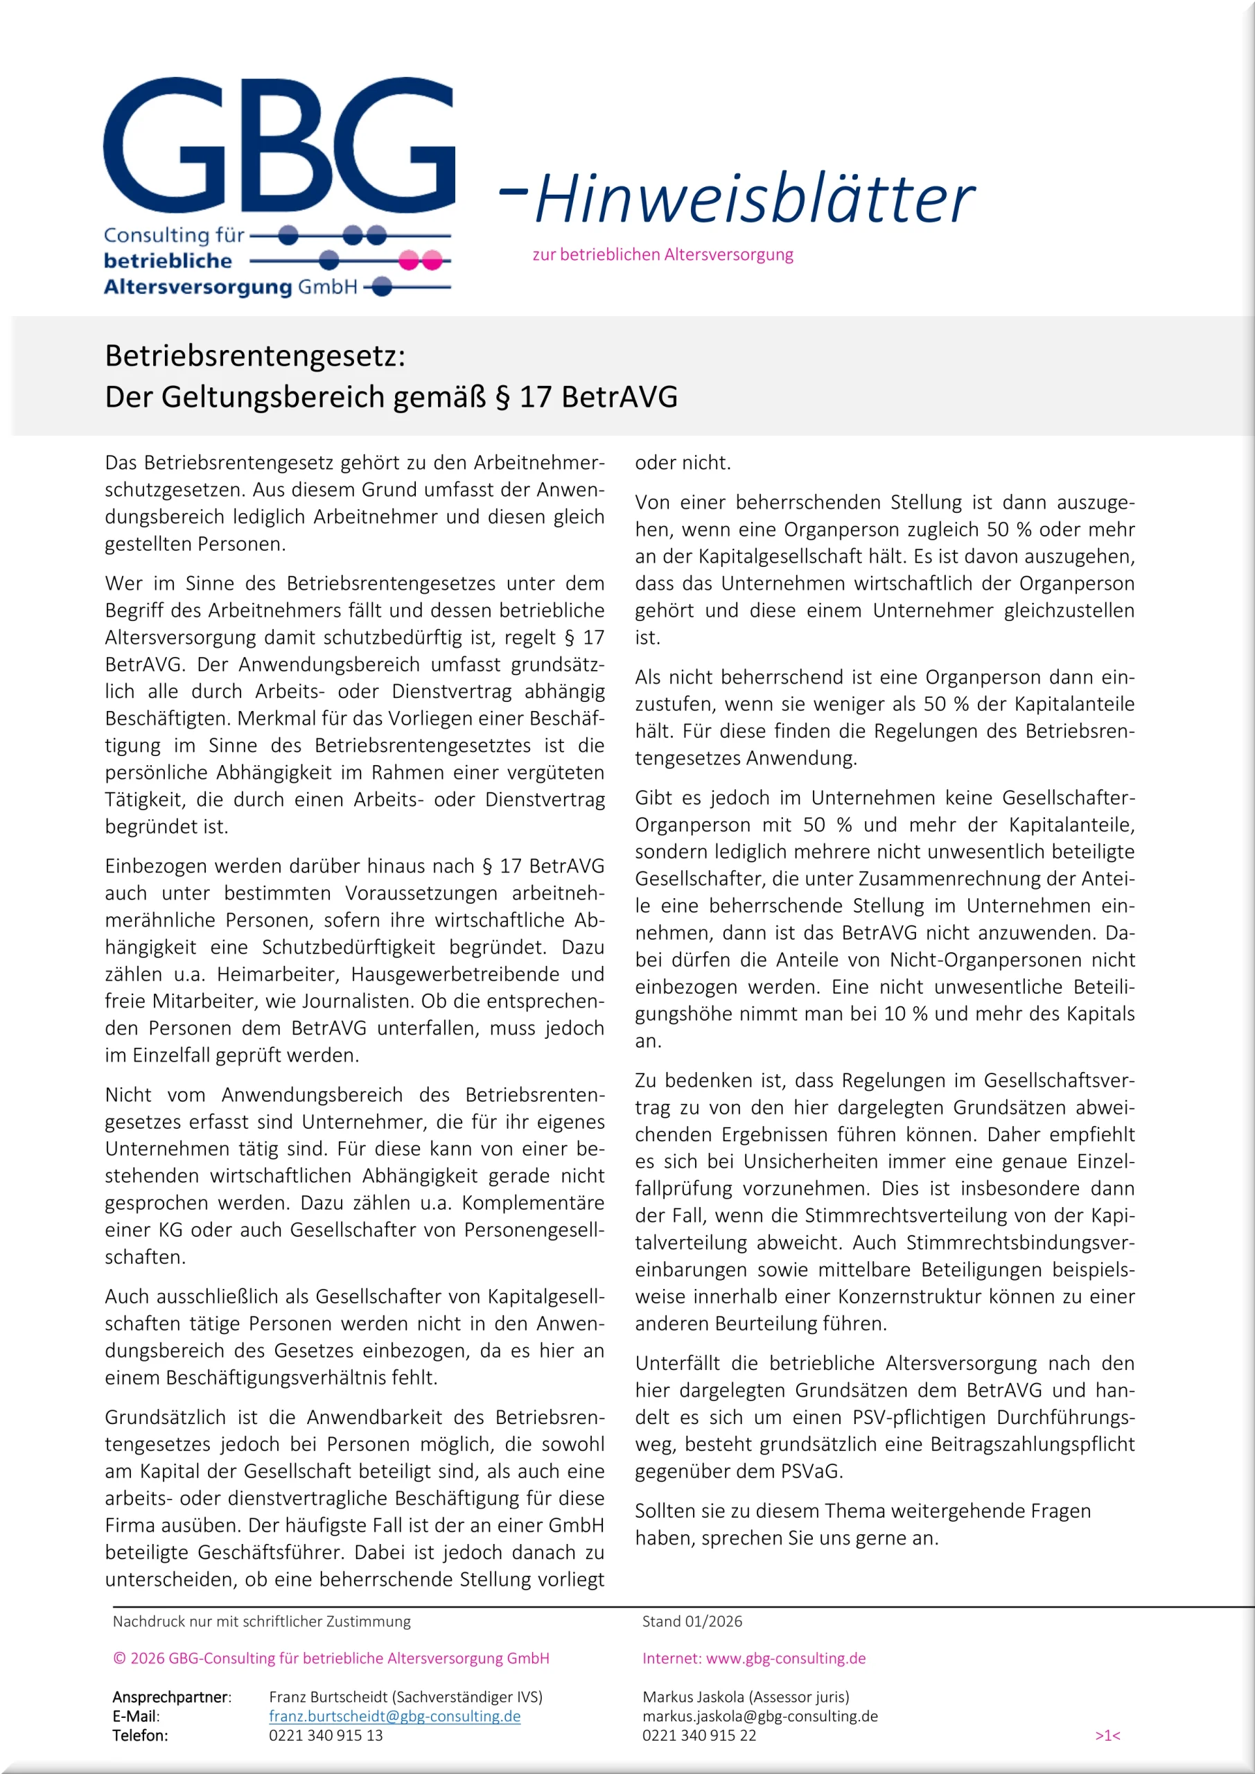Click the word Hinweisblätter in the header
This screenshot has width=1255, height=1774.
(753, 199)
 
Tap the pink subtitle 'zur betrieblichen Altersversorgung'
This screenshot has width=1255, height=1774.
(662, 254)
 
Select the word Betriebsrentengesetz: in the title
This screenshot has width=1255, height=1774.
(255, 356)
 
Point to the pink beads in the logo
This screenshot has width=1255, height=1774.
(420, 261)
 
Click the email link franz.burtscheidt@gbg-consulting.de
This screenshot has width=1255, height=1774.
(394, 1716)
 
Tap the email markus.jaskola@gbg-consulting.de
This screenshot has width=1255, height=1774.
(760, 1716)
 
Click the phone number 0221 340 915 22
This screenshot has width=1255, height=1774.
(699, 1735)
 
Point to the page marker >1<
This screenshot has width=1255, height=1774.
(1107, 1735)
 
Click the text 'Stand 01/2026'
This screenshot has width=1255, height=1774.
(692, 1621)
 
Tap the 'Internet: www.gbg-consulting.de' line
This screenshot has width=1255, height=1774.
(753, 1658)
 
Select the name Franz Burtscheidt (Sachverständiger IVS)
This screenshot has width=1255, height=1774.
(405, 1697)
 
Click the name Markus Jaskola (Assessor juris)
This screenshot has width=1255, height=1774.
(745, 1697)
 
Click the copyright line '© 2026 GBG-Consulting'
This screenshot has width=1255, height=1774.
(331, 1658)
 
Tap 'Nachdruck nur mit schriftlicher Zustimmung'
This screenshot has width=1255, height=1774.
(261, 1621)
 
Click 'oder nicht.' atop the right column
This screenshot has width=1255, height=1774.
(683, 463)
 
